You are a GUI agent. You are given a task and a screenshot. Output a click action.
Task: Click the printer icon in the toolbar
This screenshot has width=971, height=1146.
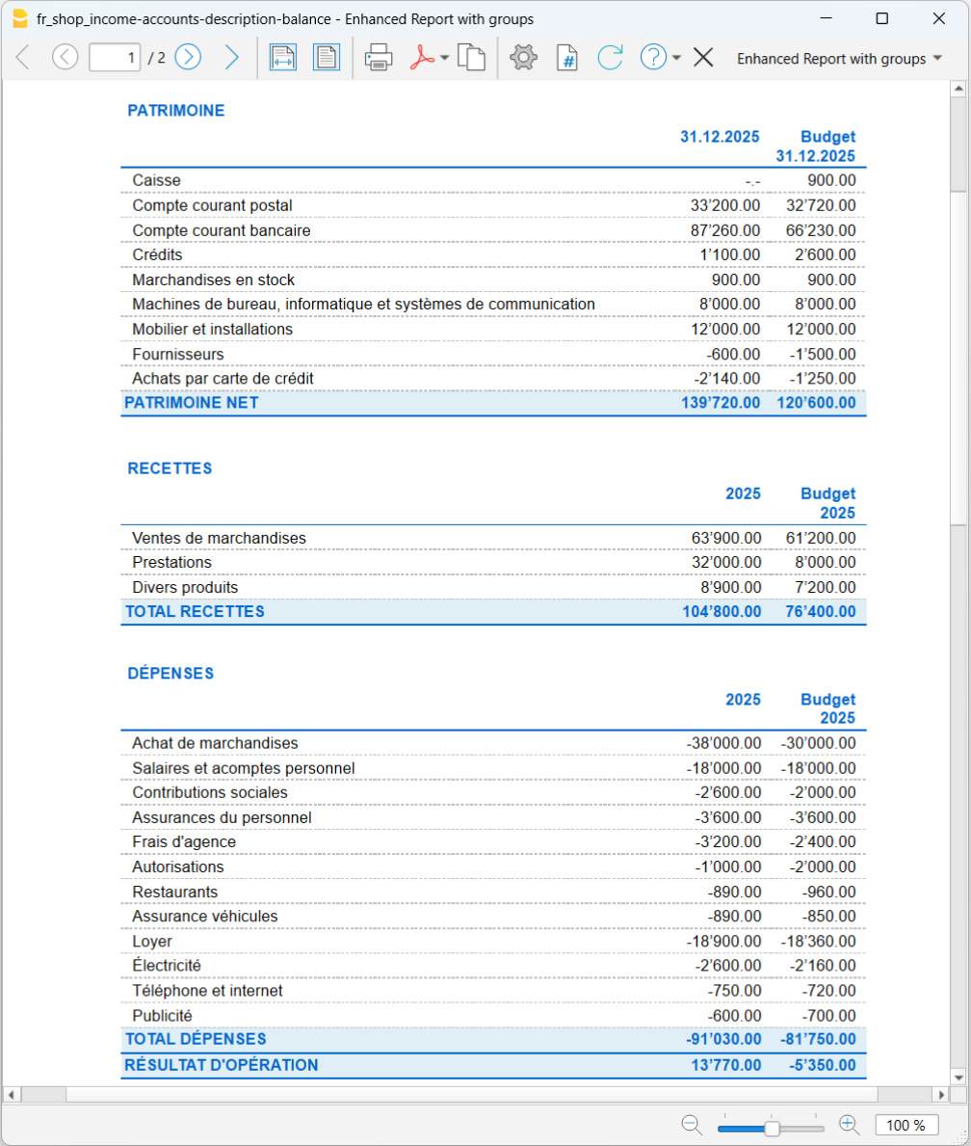click(378, 58)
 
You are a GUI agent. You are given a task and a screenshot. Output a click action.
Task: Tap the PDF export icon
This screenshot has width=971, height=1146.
click(423, 58)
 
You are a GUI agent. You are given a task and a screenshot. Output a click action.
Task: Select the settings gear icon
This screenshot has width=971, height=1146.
click(523, 58)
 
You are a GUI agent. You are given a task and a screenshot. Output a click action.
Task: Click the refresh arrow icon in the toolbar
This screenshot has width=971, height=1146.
click(610, 58)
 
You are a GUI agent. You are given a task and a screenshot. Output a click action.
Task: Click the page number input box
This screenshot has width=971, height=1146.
click(115, 58)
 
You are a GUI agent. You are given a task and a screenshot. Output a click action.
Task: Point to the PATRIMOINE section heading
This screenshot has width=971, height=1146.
click(176, 111)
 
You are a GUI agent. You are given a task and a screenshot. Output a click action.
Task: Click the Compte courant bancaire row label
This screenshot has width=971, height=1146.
click(222, 230)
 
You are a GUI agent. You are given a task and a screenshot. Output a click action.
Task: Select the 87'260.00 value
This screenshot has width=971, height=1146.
click(725, 230)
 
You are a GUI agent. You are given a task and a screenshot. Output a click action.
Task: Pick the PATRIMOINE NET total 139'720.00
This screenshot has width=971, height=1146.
click(721, 403)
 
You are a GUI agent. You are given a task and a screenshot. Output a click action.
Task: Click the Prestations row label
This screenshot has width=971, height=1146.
click(171, 562)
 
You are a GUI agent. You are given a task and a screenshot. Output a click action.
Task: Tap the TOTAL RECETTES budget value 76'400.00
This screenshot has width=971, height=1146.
click(816, 611)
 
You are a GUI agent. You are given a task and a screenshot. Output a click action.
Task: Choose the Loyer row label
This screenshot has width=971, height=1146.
click(152, 941)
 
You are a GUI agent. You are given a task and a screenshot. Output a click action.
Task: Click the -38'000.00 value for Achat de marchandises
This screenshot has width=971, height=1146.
click(723, 743)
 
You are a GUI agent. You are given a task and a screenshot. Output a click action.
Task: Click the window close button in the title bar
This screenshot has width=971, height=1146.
click(938, 18)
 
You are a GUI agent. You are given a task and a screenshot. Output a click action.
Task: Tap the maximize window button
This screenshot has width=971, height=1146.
click(882, 18)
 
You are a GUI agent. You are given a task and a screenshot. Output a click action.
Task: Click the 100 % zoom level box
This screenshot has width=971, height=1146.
click(905, 1125)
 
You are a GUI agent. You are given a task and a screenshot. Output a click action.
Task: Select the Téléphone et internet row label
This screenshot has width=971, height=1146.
click(207, 991)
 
